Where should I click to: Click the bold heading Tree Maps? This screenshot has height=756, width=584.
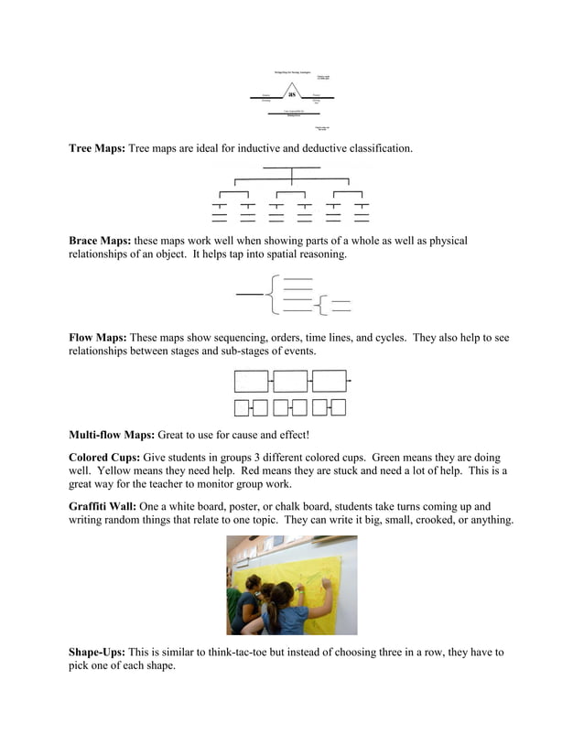[x=97, y=148]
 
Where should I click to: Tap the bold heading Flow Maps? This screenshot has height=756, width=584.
[x=98, y=338]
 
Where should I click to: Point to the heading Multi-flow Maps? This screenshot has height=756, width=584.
[x=112, y=435]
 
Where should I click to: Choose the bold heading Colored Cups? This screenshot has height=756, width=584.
[x=103, y=457]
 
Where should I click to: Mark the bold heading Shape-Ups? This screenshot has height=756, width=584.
[x=97, y=653]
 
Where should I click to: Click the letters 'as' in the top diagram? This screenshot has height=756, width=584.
[x=292, y=93]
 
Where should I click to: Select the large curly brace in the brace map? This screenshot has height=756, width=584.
[x=271, y=294]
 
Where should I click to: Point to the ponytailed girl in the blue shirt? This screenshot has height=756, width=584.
[x=286, y=609]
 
